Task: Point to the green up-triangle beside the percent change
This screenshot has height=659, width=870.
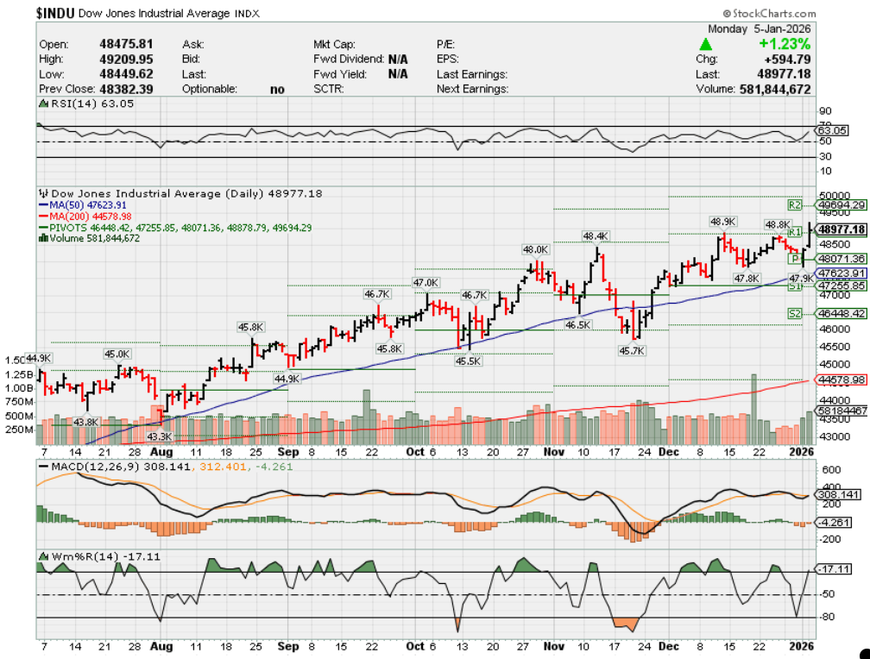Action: pyautogui.click(x=706, y=44)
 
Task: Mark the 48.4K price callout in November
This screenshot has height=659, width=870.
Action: pyautogui.click(x=596, y=235)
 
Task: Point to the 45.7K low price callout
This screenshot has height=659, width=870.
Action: pyautogui.click(x=631, y=351)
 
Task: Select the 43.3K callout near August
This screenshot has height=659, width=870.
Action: pyautogui.click(x=161, y=436)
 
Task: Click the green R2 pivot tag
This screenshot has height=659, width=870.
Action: pyautogui.click(x=795, y=205)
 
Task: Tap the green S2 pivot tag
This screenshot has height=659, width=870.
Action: pyautogui.click(x=795, y=313)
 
